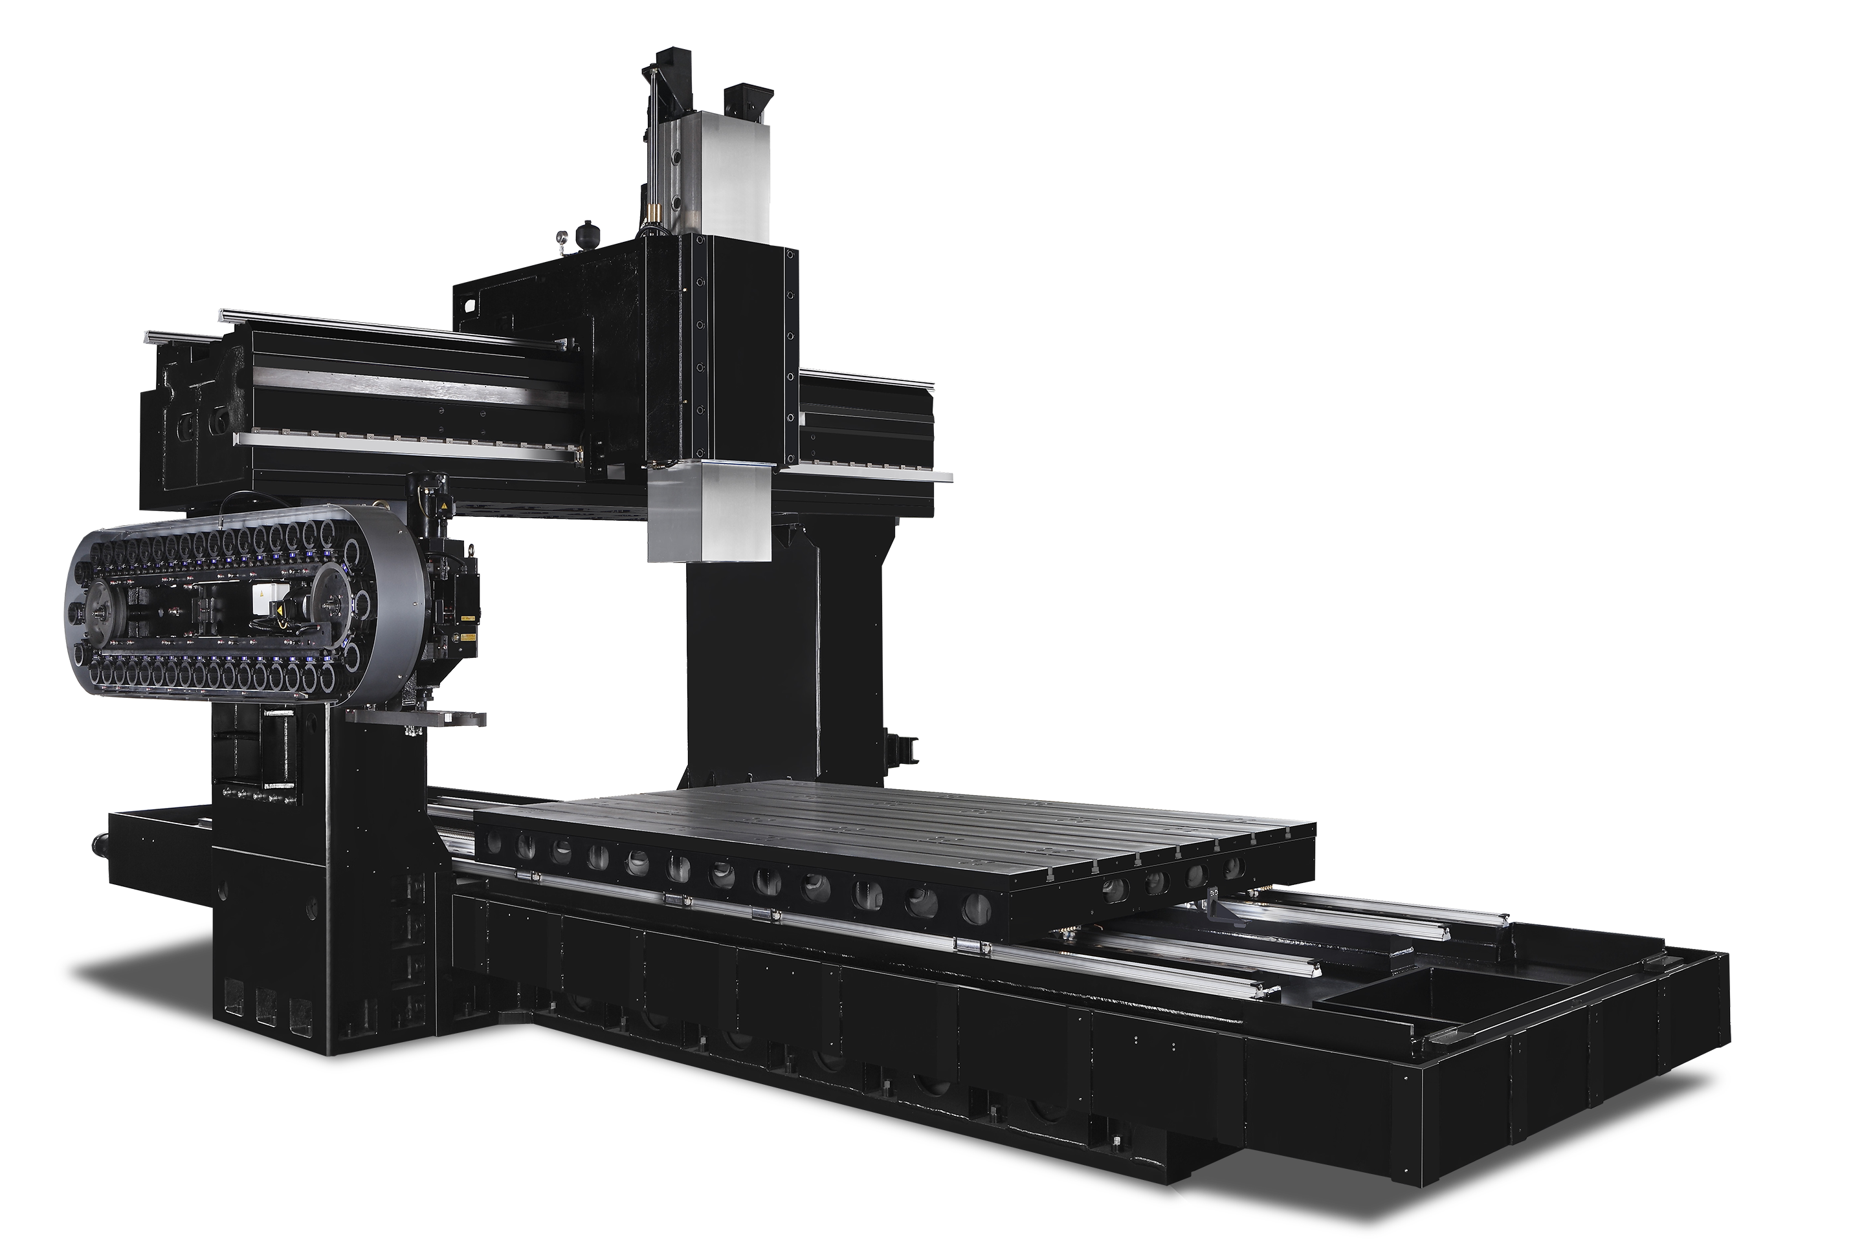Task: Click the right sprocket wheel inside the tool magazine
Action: [x=332, y=600]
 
